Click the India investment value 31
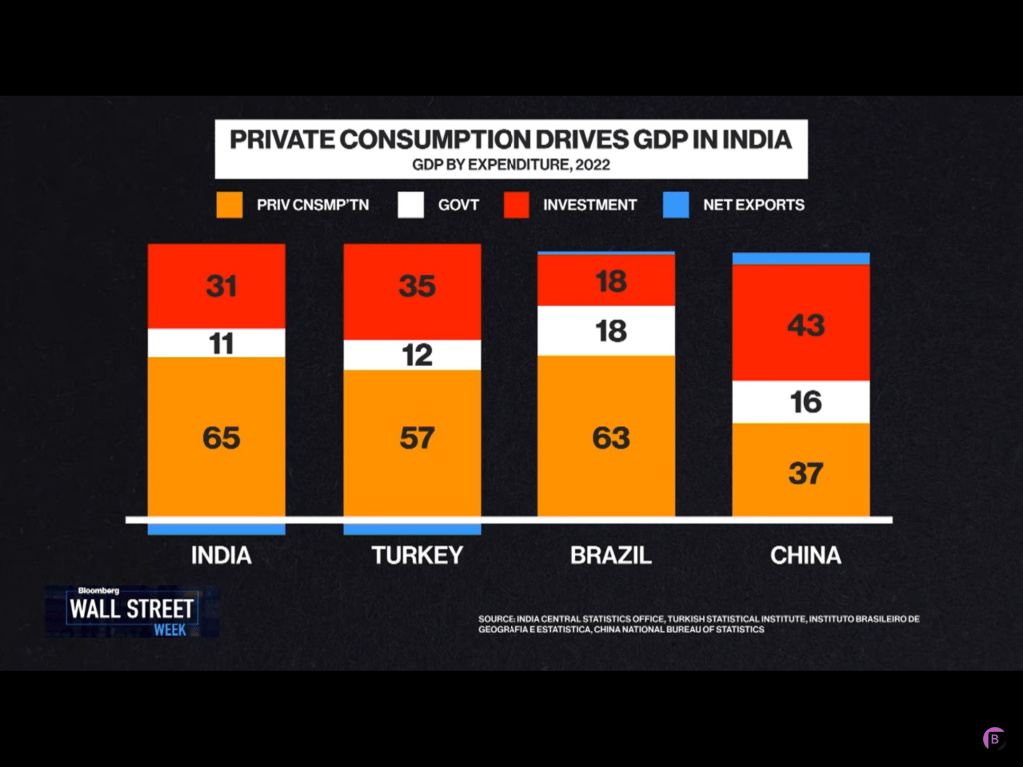click(x=221, y=286)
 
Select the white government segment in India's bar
click(x=216, y=343)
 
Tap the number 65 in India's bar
click(x=221, y=437)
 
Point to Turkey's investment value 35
click(x=417, y=286)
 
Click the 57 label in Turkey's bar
click(x=417, y=437)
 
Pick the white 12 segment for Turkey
click(x=412, y=355)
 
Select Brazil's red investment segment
click(x=606, y=281)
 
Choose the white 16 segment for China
click(x=801, y=401)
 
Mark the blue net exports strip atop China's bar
click(x=801, y=258)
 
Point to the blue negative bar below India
click(x=216, y=529)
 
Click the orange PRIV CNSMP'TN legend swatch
click(x=231, y=205)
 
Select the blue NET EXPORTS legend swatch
click(x=676, y=205)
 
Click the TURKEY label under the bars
click(x=417, y=556)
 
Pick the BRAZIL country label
click(x=611, y=556)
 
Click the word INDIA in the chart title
click(x=754, y=139)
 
